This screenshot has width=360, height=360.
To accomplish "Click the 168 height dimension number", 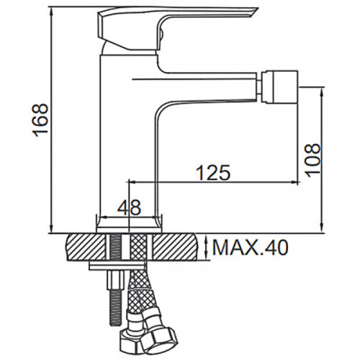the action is click(x=40, y=120).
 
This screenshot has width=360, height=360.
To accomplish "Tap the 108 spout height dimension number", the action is click(x=312, y=160).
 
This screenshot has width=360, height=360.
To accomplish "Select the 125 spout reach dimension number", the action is click(x=213, y=172).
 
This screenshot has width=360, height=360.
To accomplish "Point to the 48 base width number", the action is click(x=129, y=207).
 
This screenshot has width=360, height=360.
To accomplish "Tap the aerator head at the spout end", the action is click(x=280, y=87).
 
